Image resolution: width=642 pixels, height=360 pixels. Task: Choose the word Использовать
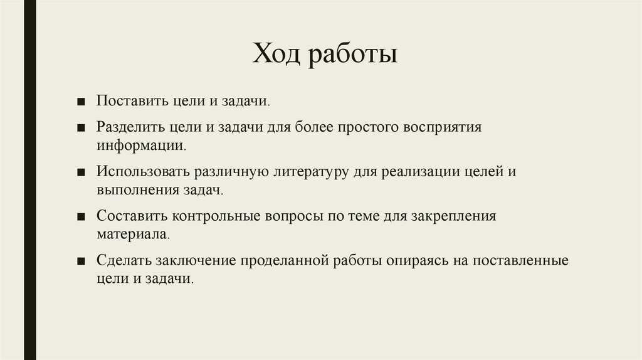[142, 171]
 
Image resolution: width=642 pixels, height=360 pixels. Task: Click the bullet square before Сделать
[82, 261]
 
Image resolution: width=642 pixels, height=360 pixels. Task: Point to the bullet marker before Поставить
[82, 102]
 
